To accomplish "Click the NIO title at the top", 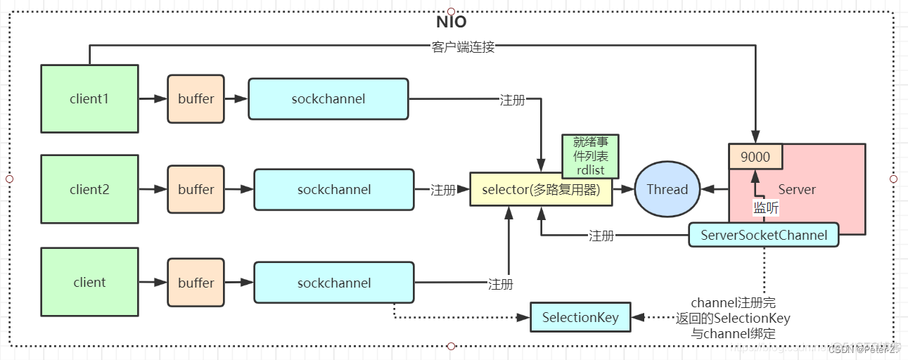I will [x=451, y=22].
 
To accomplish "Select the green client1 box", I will [x=89, y=98].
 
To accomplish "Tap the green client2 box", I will [x=89, y=189].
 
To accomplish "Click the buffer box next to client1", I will [x=196, y=98].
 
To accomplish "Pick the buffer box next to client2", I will [x=196, y=189].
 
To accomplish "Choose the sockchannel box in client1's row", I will [x=328, y=98].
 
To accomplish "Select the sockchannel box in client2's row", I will [x=334, y=189].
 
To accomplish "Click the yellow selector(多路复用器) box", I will [x=541, y=190].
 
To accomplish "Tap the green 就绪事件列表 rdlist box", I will [x=589, y=156].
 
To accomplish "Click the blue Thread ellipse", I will [x=667, y=189].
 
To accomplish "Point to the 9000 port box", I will [x=756, y=157].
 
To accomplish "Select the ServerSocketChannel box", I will [x=764, y=235].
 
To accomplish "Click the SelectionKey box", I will [x=580, y=317].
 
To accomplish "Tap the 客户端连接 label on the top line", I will [x=463, y=47].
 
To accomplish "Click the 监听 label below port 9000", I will [x=766, y=207].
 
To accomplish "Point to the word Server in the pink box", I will [x=797, y=189].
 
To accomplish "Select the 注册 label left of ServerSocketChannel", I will [x=601, y=236].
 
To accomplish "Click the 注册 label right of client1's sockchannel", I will [x=512, y=98].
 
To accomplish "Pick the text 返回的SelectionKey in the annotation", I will [x=733, y=318].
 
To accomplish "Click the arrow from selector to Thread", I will [x=623, y=189].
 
